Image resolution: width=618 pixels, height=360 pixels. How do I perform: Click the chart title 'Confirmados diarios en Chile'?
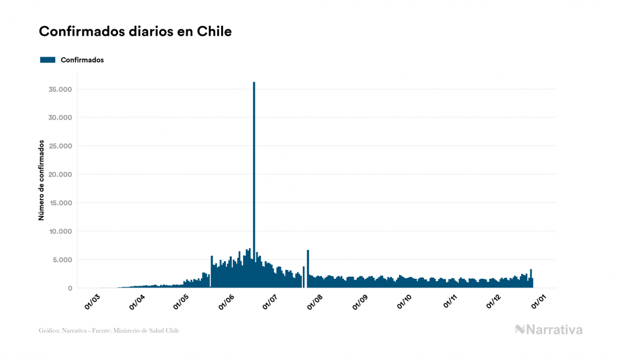pyautogui.click(x=135, y=32)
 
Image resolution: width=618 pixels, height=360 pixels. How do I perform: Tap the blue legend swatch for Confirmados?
pyautogui.click(x=48, y=60)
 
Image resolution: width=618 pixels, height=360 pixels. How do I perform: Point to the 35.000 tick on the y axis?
pyautogui.click(x=60, y=89)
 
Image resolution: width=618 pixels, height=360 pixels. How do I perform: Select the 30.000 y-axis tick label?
pyautogui.click(x=60, y=118)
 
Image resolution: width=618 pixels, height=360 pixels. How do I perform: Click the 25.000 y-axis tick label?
pyautogui.click(x=60, y=146)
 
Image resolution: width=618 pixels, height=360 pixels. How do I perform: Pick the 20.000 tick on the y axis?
pyautogui.click(x=60, y=175)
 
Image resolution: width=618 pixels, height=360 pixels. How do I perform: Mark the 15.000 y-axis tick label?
pyautogui.click(x=60, y=203)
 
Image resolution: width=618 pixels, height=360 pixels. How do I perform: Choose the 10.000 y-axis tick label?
pyautogui.click(x=60, y=231)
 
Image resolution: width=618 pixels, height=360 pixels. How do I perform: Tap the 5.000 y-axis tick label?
pyautogui.click(x=62, y=260)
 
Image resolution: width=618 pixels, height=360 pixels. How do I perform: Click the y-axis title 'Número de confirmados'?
pyautogui.click(x=41, y=180)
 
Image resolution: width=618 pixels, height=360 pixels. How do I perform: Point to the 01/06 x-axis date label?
pyautogui.click(x=226, y=301)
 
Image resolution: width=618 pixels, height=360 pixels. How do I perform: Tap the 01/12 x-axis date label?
pyautogui.click(x=494, y=301)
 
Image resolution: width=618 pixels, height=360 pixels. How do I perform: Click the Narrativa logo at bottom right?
pyautogui.click(x=549, y=330)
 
